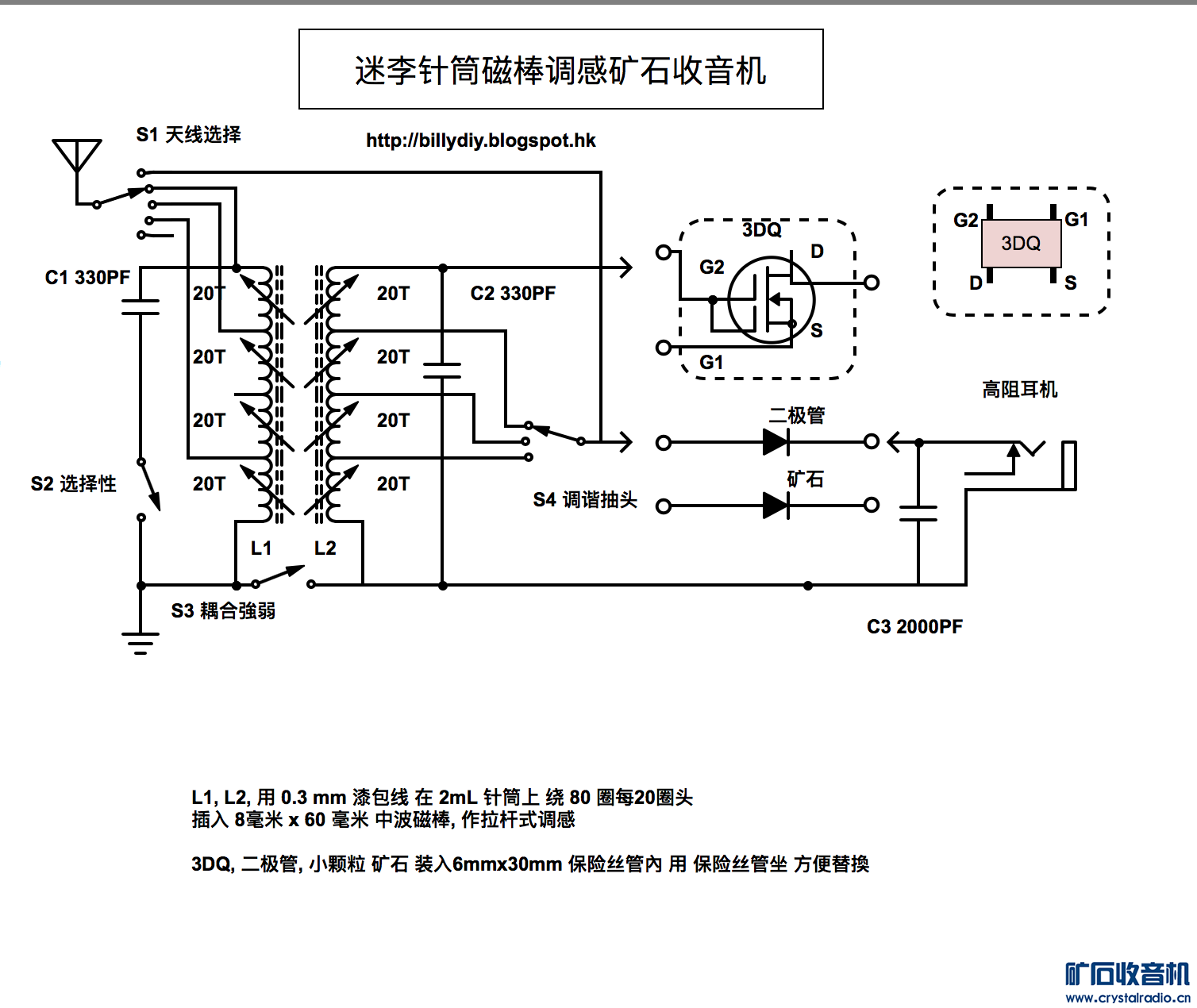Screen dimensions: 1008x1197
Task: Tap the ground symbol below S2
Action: point(140,643)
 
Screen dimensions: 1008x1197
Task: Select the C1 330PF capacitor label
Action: point(87,278)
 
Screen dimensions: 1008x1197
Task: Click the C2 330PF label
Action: point(513,294)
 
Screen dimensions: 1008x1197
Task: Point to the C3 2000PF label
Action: point(914,627)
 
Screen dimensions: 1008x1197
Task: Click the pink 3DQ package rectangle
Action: point(1021,244)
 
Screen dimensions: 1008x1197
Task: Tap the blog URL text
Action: point(480,141)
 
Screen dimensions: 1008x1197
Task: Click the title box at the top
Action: point(560,70)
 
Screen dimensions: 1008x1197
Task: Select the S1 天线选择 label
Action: point(188,135)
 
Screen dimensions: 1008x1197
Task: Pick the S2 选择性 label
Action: point(73,484)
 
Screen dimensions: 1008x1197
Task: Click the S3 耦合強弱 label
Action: point(223,611)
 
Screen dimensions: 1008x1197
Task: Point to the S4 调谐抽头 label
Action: point(585,500)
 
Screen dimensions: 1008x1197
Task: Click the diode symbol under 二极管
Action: point(776,442)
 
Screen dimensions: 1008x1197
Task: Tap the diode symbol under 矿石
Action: point(776,506)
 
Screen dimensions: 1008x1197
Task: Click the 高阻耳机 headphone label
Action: point(1019,390)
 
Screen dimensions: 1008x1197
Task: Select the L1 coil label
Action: point(261,548)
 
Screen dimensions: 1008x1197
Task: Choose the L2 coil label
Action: point(325,548)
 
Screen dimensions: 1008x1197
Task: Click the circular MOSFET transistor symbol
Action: point(771,300)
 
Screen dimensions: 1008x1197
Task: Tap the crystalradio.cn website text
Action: point(1127,998)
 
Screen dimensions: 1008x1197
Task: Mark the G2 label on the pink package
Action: point(965,220)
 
